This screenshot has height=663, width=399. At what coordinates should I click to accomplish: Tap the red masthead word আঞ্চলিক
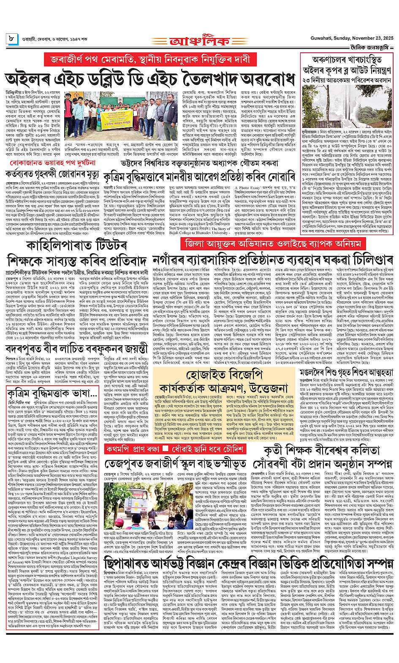[x=200, y=42]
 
